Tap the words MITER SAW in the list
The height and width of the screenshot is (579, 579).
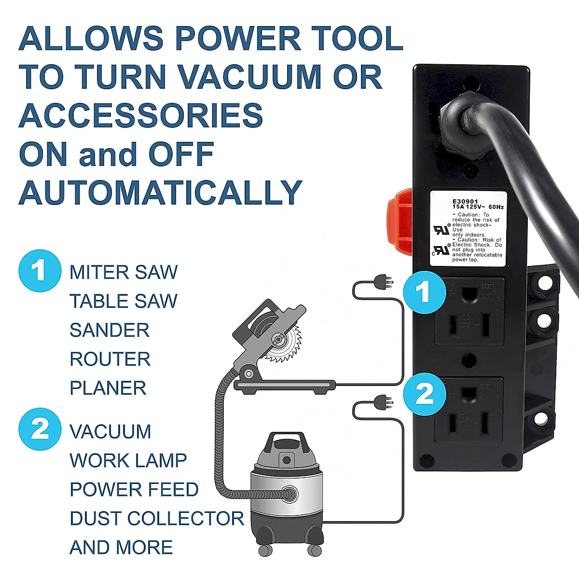coord(124,273)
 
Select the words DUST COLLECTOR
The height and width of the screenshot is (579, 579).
coord(157,519)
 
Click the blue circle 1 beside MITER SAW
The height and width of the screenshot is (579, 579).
coord(40,271)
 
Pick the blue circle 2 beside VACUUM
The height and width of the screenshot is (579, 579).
coord(40,429)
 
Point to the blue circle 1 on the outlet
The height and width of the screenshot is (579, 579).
coord(424,292)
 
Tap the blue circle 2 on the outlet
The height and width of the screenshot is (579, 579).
coord(424,394)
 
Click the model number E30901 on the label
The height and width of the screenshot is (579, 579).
coord(466,202)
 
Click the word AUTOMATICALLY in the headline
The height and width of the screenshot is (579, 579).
coord(160,193)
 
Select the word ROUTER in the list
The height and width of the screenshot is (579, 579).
coord(110,359)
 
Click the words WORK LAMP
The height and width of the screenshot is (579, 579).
coord(128,461)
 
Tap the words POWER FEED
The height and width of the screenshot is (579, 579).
coord(134,490)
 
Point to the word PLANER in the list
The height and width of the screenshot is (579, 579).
coord(108,388)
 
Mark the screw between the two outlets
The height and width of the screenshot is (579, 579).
coord(469,360)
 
